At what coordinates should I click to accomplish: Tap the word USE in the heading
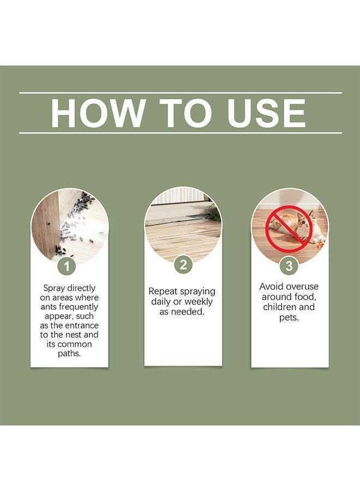266,113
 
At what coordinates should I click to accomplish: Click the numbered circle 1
67,266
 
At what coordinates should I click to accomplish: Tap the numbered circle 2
183,265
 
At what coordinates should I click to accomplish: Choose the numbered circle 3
289,266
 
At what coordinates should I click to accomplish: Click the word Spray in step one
54,289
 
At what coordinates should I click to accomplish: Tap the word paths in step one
69,354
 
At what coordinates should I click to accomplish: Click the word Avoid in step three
271,286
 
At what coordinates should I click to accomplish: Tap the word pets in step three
289,318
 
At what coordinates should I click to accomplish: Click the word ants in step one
48,307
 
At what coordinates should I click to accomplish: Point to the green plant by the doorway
215,213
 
